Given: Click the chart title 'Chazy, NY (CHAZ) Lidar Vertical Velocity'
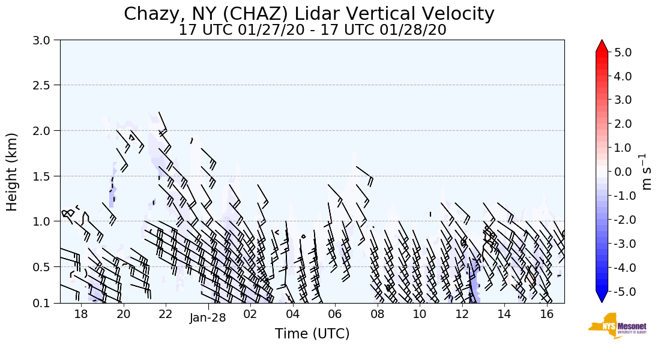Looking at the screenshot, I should [309, 14].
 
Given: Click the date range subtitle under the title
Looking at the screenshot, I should [312, 30].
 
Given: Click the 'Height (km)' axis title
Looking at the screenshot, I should [13, 172].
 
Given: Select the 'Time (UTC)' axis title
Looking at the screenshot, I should [312, 334].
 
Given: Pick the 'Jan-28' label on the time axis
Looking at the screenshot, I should [208, 318].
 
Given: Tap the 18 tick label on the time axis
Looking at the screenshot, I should [81, 314].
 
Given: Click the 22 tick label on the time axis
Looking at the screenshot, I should [166, 314].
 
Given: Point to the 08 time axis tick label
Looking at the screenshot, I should [377, 314].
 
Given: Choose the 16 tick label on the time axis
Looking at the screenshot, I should [546, 314].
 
